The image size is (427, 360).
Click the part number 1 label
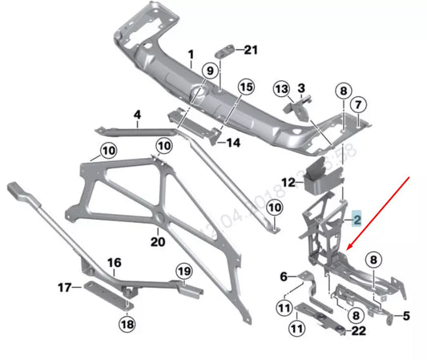pos(191,56)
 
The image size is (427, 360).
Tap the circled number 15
pos(244,87)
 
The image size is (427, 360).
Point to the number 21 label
pos(252,50)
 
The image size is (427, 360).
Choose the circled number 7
pos(358,103)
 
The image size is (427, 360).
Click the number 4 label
pos(137,115)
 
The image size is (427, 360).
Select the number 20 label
pos(157,241)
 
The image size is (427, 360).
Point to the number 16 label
pos(114,262)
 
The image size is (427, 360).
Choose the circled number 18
pos(127,323)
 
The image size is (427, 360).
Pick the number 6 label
pos(282,277)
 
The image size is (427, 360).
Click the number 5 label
pos(405,315)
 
